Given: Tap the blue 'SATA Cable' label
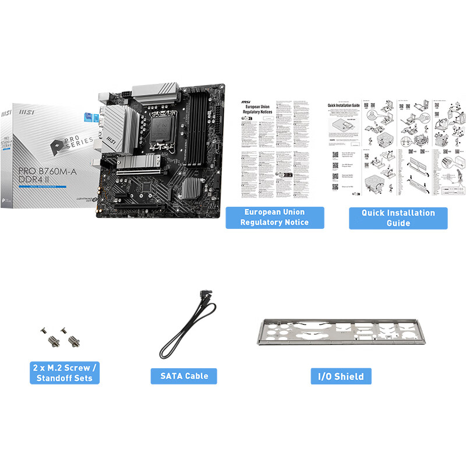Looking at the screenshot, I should coord(184,376).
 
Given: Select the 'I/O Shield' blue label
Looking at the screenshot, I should coord(341,376).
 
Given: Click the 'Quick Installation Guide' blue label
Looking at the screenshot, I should coord(398,218).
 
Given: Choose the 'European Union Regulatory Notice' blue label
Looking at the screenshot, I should coord(274,217).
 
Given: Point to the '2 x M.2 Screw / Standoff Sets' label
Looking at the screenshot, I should coord(65,373).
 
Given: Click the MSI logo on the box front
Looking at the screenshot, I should coord(26,110).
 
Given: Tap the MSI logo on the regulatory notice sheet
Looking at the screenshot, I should coord(245,102).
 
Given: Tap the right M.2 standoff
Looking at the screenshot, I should coord(73,340).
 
